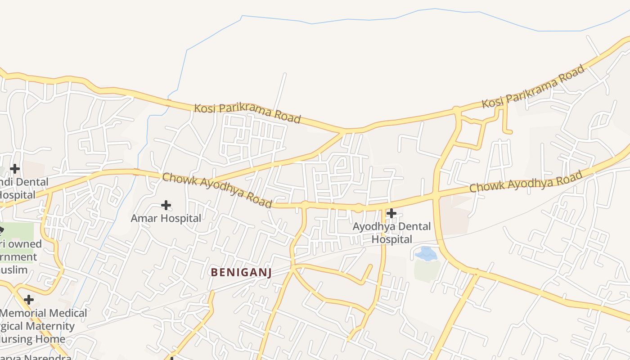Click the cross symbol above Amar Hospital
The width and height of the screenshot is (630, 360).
[166, 205]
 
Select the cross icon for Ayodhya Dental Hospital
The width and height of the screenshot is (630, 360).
[391, 213]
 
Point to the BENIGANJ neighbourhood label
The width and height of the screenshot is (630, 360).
[241, 272]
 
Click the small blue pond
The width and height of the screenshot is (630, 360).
[426, 254]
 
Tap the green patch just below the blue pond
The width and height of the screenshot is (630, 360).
[427, 270]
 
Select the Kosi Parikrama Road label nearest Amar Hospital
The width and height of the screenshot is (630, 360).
[247, 113]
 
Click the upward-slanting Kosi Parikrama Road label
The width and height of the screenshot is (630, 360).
[533, 86]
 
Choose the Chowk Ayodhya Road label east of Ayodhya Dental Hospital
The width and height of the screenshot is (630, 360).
[526, 181]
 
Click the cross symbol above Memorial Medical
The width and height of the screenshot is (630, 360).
[29, 299]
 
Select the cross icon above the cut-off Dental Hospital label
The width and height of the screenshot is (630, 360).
[15, 169]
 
